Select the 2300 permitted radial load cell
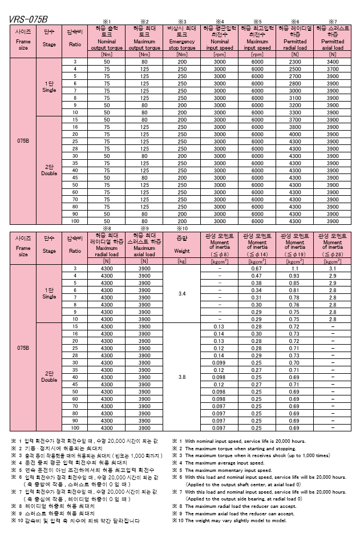tap(294, 62)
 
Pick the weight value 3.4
tap(182, 293)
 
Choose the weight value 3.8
tap(182, 377)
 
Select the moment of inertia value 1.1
tap(295, 268)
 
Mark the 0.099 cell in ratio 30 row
tap(220, 362)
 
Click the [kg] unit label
tap(182, 260)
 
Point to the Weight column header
tap(182, 250)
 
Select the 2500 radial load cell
tap(294, 68)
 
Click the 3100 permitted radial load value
tap(294, 98)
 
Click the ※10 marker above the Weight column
tap(182, 228)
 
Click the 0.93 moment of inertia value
tap(295, 276)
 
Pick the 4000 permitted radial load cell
tap(294, 134)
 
